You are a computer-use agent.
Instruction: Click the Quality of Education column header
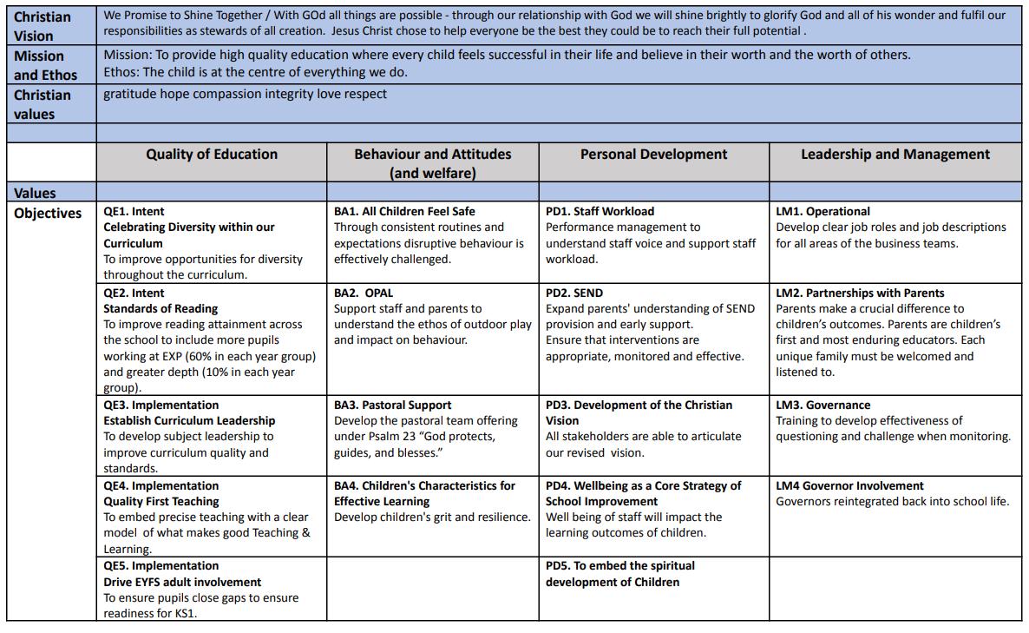[212, 155]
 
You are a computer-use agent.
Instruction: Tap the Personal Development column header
[653, 155]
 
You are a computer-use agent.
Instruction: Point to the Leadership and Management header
[895, 155]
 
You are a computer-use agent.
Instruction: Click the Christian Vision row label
[43, 26]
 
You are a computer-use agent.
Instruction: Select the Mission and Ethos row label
[45, 65]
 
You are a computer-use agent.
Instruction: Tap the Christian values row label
[43, 104]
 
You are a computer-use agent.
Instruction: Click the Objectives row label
[48, 214]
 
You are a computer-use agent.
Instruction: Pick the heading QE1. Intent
[134, 211]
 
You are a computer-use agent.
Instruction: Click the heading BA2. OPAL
[364, 293]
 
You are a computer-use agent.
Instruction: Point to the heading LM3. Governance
[823, 405]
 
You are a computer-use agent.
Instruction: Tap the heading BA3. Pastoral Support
[392, 405]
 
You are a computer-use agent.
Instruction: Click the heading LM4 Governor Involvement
[849, 485]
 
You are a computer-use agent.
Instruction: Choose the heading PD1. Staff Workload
[600, 211]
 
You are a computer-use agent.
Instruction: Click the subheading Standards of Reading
[161, 308]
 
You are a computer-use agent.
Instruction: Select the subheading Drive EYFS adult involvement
[182, 582]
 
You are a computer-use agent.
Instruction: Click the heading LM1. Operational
[823, 211]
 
